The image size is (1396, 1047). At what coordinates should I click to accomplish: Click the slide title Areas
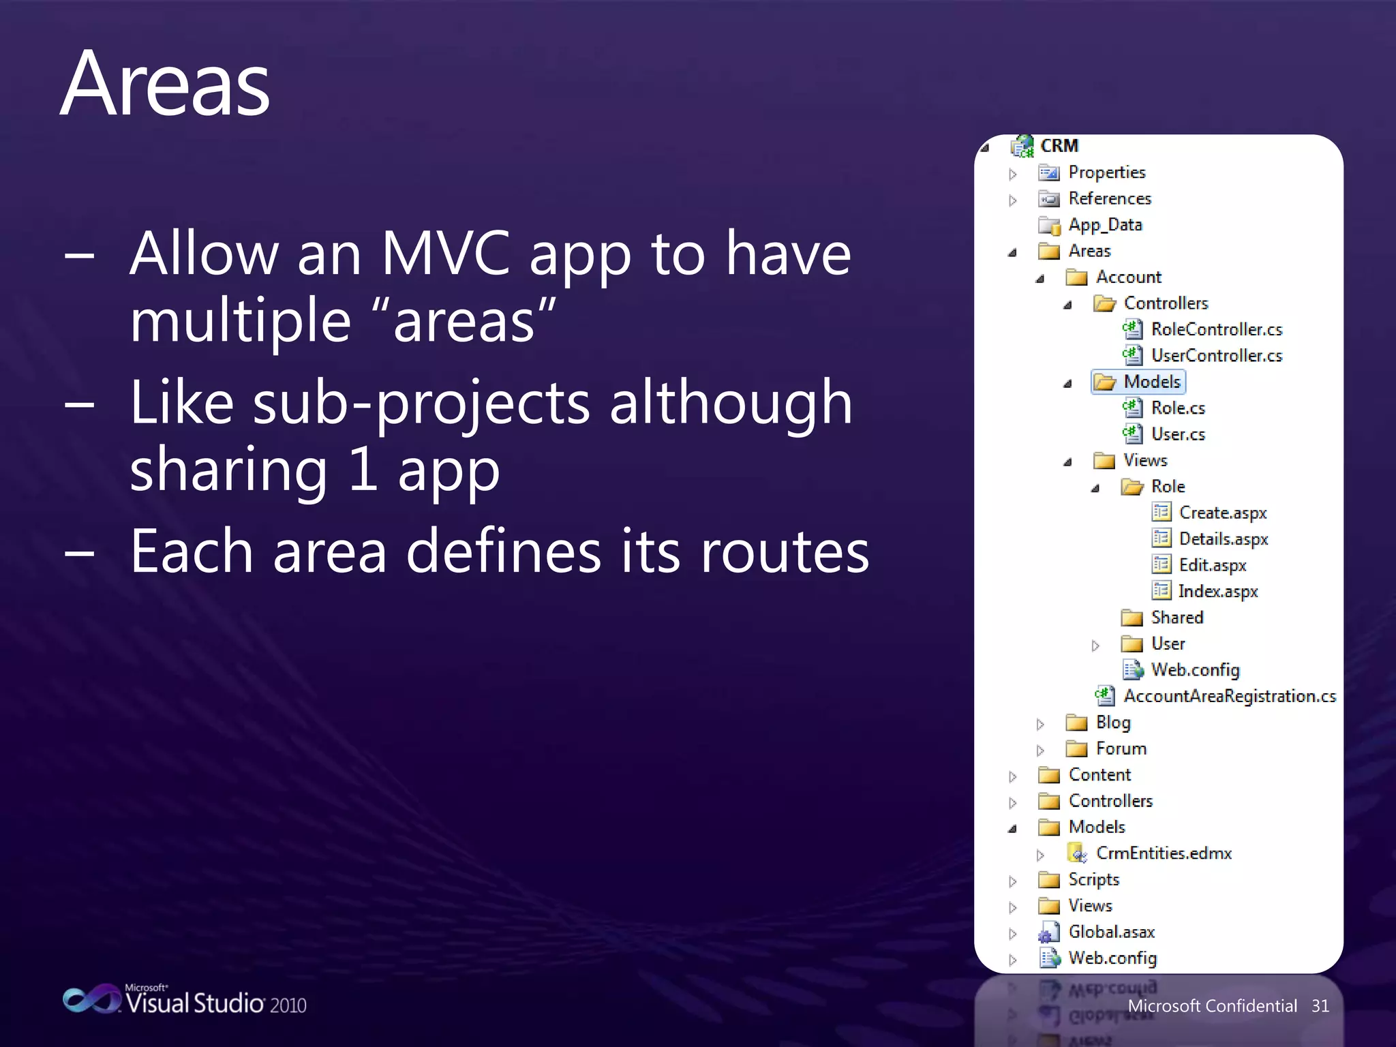click(166, 85)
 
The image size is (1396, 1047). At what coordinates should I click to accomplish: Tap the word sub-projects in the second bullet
click(421, 403)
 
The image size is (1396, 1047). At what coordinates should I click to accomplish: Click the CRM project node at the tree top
click(1059, 146)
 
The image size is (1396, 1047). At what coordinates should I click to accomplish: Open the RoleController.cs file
click(1216, 330)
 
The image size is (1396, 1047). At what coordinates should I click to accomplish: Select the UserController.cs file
click(1216, 356)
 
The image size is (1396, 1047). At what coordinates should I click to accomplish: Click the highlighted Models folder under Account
click(1151, 382)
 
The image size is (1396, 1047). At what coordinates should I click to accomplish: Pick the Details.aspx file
click(1223, 539)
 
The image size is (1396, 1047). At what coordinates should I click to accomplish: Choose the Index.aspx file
click(1217, 592)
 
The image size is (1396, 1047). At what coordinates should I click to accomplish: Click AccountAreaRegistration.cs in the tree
click(1229, 696)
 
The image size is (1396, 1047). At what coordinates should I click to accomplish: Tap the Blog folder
click(1112, 723)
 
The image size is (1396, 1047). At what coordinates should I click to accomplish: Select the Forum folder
click(1121, 748)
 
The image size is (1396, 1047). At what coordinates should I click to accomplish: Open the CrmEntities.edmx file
click(1163, 853)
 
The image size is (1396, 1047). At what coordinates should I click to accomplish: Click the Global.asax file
click(1111, 932)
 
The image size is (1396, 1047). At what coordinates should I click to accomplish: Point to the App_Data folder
click(1104, 225)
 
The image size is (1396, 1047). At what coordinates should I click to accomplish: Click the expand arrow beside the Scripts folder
click(1013, 881)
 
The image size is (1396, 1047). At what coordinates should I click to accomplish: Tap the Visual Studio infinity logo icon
click(91, 999)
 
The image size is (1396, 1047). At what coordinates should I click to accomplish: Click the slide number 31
click(1320, 1006)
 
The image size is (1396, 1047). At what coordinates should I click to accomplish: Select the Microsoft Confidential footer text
click(1212, 1006)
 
